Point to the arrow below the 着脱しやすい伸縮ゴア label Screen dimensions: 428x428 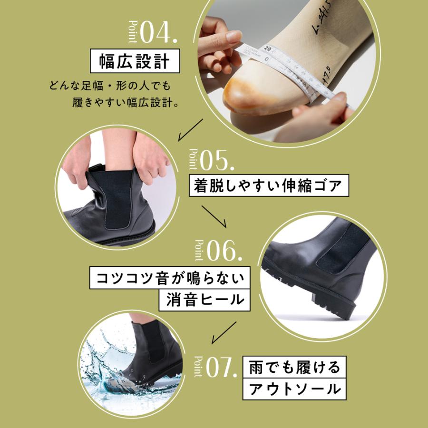pos(215,217)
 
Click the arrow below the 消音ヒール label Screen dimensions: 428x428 pos(224,331)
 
